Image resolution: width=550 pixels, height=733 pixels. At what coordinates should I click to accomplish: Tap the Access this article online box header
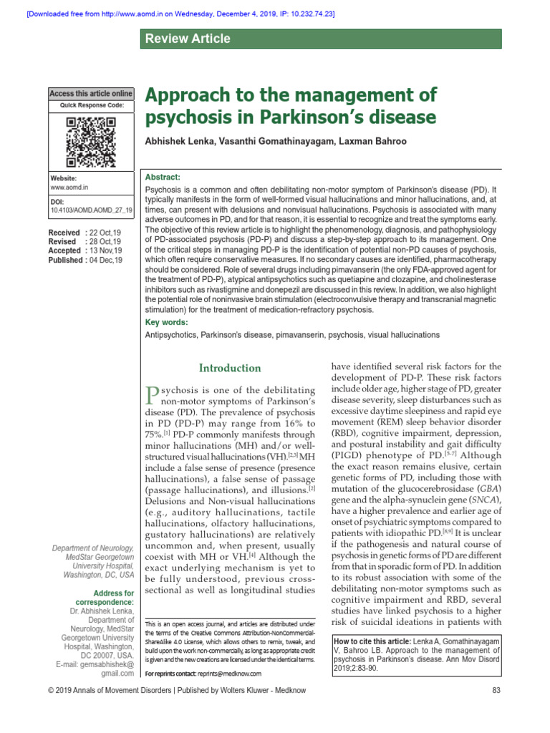91,94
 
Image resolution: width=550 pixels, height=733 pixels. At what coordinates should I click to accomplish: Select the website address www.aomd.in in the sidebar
69,187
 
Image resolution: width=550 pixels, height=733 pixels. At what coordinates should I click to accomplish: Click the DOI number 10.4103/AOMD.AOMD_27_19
92,211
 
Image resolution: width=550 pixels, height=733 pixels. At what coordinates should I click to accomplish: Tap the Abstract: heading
163,177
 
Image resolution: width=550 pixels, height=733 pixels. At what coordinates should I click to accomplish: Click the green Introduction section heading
230,368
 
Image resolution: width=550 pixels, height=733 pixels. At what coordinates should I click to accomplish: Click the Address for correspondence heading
114,598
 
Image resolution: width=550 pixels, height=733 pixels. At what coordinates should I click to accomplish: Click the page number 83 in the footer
496,710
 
